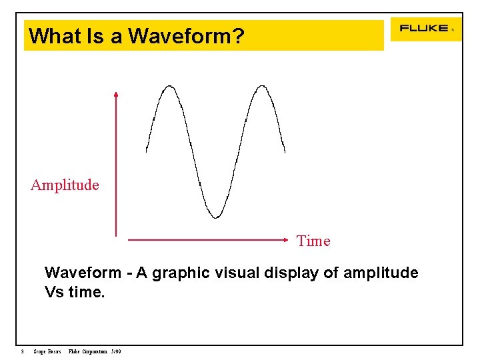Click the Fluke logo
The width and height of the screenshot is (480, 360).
click(x=424, y=29)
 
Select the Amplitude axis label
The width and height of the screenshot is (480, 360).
click(x=65, y=185)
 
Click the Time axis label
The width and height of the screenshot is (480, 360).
click(x=313, y=241)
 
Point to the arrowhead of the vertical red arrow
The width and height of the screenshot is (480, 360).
click(x=116, y=95)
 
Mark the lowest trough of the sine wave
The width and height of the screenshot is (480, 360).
click(x=215, y=216)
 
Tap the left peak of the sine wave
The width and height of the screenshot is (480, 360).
click(x=169, y=86)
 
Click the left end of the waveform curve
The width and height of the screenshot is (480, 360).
click(x=147, y=150)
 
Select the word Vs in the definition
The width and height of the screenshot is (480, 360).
click(x=54, y=292)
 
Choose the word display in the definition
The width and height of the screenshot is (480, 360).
click(x=290, y=273)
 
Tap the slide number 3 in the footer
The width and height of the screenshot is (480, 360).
click(x=22, y=351)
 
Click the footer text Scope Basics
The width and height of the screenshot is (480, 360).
click(x=47, y=351)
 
